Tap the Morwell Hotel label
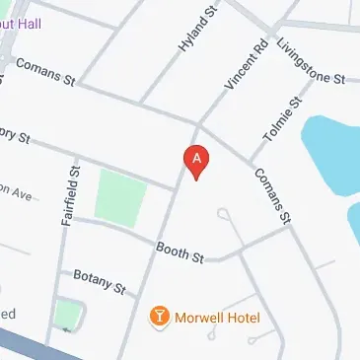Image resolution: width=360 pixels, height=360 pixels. click(x=217, y=317)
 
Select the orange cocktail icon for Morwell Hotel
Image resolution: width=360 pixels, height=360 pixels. click(x=158, y=317)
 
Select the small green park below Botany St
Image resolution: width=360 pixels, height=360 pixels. click(x=66, y=315)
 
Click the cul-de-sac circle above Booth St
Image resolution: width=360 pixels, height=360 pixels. click(x=225, y=212)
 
